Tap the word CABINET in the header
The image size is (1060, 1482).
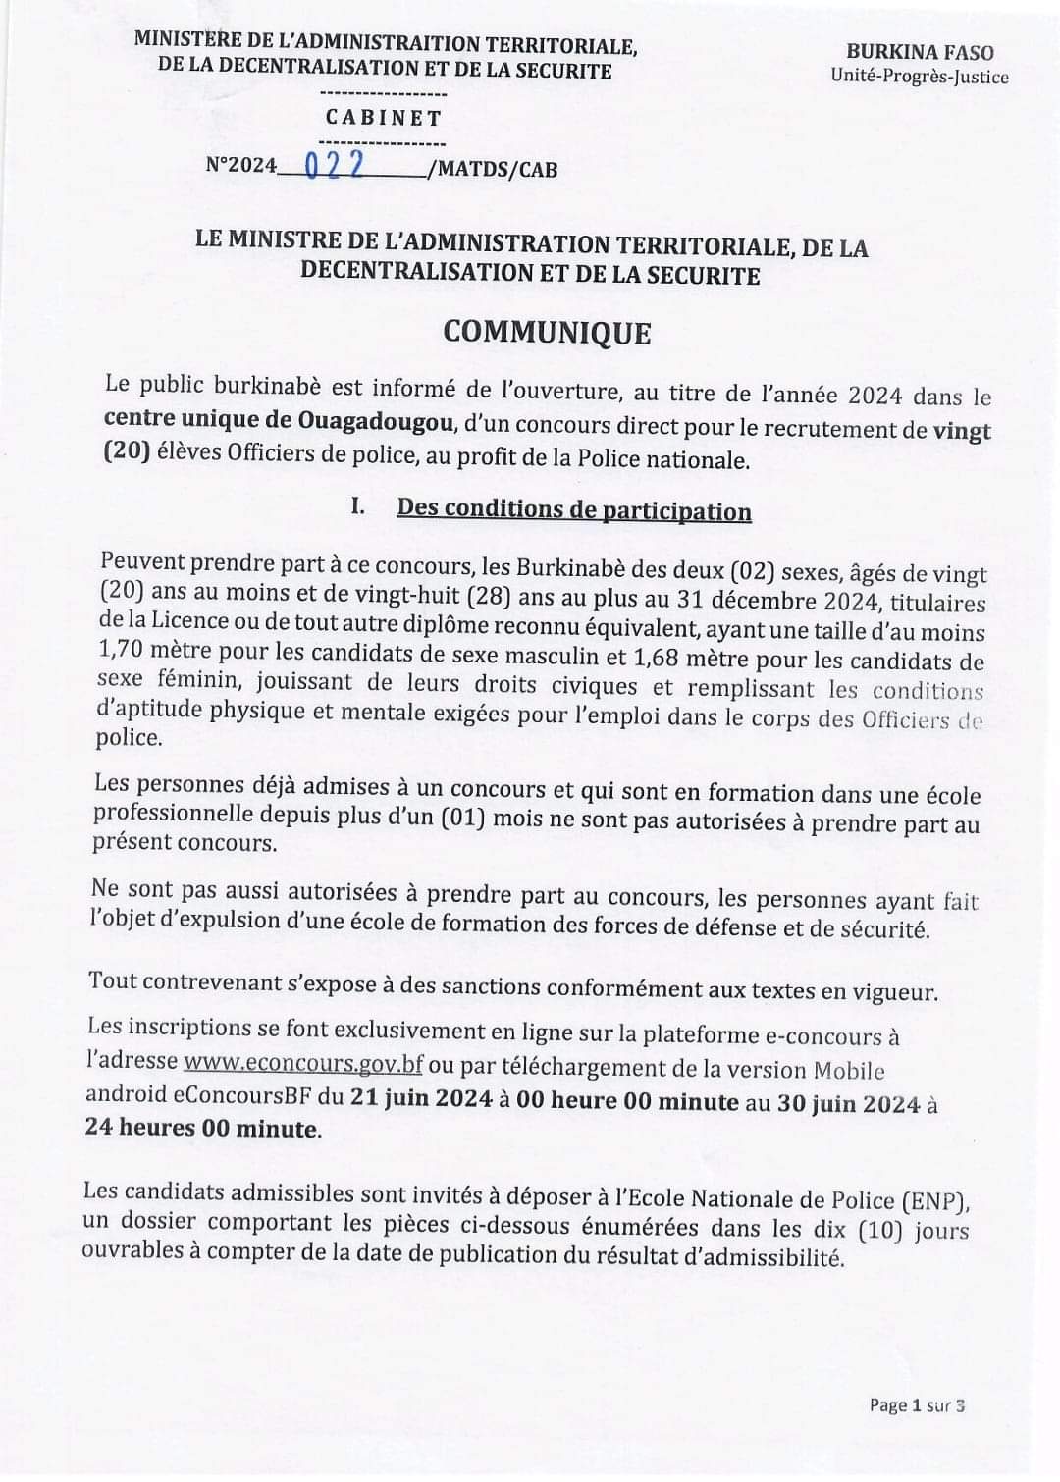pos(384,118)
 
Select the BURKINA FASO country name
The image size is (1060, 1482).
pos(920,52)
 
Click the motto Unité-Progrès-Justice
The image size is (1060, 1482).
pos(919,76)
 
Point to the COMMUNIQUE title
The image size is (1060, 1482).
pos(547,332)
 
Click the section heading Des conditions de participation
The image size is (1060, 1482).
pos(573,510)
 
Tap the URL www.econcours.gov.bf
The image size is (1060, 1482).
pos(303,1062)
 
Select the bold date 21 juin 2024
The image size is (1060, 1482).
pos(416,1098)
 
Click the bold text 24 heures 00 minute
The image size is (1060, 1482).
pos(203,1128)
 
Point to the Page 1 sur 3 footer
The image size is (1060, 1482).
pos(917,1405)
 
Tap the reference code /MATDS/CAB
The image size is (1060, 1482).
pos(493,169)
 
